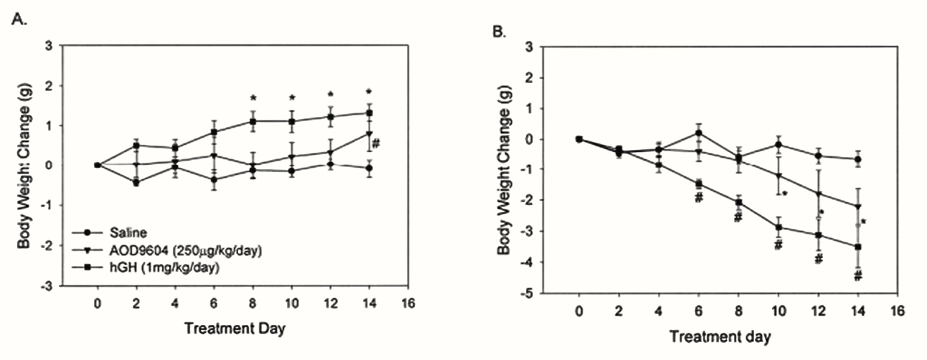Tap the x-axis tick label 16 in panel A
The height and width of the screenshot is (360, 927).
tap(408, 303)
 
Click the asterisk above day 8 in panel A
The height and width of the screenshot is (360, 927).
tap(253, 98)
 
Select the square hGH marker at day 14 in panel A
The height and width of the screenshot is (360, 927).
tap(370, 113)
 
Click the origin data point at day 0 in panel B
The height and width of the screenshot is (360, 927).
tap(578, 139)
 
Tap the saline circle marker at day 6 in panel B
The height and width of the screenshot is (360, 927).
tap(697, 133)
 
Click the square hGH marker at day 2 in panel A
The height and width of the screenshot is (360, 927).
tap(136, 145)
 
